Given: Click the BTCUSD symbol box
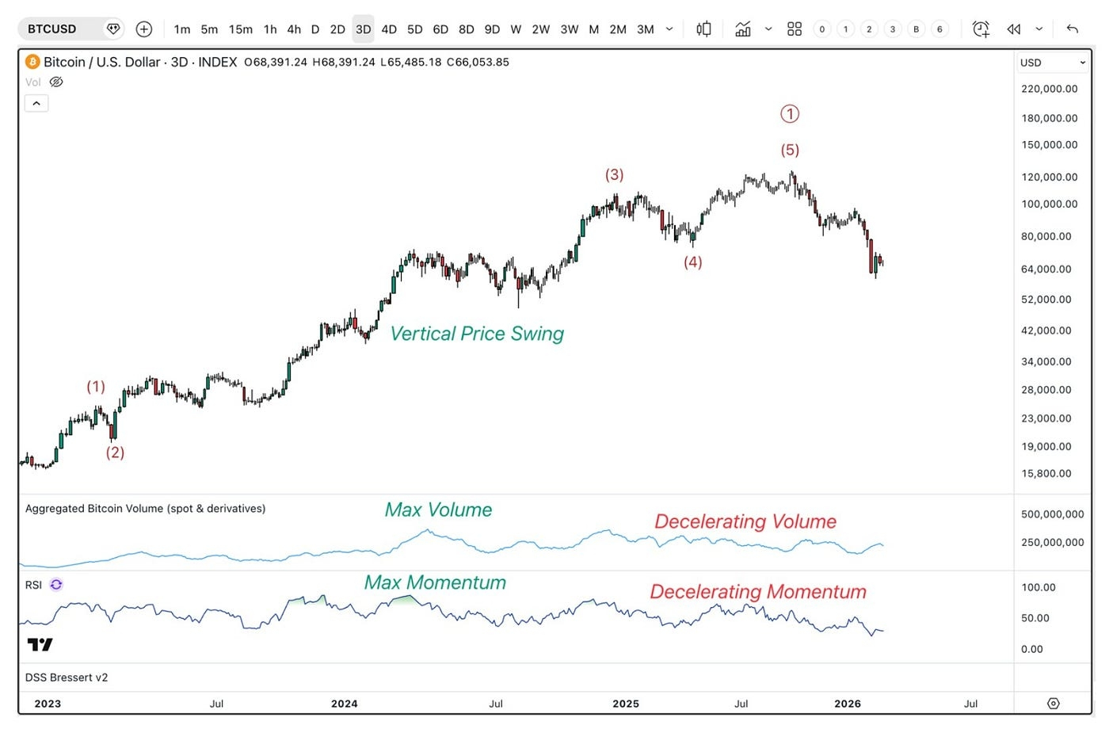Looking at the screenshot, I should (53, 29).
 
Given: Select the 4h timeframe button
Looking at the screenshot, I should (294, 29).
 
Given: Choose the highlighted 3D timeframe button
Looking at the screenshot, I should (363, 29).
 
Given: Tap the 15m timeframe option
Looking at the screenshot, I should (240, 29).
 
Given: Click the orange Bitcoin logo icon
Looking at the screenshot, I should (32, 62).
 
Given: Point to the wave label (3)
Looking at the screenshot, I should (614, 174).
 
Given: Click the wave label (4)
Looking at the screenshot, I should (692, 262).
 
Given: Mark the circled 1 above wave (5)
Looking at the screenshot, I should (790, 114).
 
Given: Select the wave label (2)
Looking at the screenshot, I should (115, 452).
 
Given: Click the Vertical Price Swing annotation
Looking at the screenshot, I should (477, 334).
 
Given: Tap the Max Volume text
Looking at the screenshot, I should (438, 510).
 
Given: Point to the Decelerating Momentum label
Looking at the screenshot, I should (758, 592).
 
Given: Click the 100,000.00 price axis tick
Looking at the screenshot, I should (1049, 204).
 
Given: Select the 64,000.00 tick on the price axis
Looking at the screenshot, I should (1046, 269).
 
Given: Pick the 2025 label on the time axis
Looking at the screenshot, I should (625, 704).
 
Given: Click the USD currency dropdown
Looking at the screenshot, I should (1052, 63).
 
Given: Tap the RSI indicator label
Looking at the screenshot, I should (33, 585).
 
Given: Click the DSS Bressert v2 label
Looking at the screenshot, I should (67, 678).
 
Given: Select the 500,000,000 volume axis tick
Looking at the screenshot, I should (1052, 514).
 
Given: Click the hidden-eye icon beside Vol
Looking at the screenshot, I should (56, 82).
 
